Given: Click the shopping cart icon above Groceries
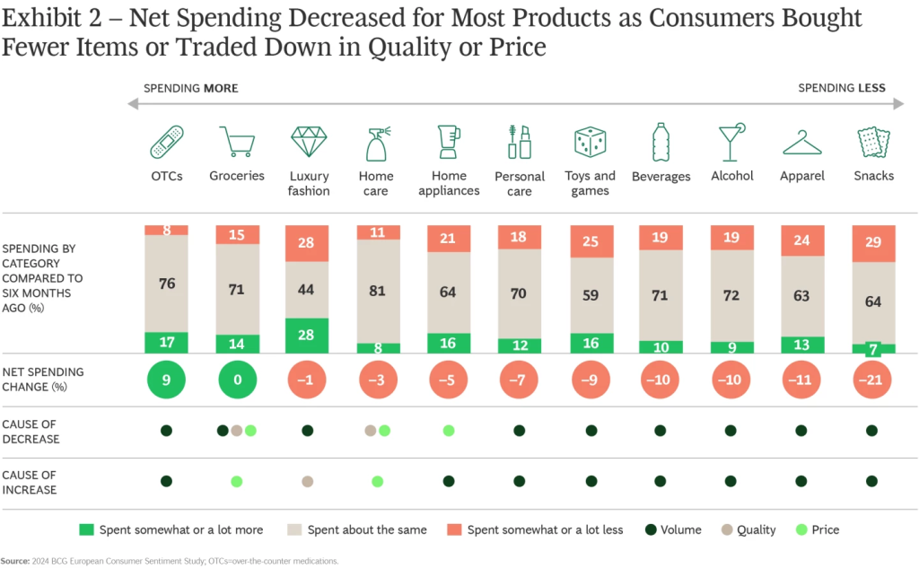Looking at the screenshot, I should tap(237, 143).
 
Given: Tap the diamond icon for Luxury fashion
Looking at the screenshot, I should tap(309, 143).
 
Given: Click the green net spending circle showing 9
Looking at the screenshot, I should tap(166, 380).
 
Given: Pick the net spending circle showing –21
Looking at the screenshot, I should tap(871, 380).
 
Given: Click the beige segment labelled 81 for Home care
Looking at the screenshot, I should tap(378, 292).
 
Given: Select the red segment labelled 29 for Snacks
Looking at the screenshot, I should tap(871, 244).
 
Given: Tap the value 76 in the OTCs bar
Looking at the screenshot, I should tap(166, 284).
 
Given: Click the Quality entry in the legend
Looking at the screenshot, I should tap(748, 529).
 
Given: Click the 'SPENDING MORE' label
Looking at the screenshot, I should tap(191, 88).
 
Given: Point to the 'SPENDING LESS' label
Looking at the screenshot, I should tap(842, 88).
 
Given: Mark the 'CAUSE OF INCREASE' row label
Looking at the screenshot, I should tap(30, 482).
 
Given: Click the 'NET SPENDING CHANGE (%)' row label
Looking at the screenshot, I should tap(42, 380).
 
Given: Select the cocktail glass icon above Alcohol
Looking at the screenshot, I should tap(731, 143).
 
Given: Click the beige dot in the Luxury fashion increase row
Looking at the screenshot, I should tap(308, 482).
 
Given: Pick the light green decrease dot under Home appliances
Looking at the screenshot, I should tap(449, 431).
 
